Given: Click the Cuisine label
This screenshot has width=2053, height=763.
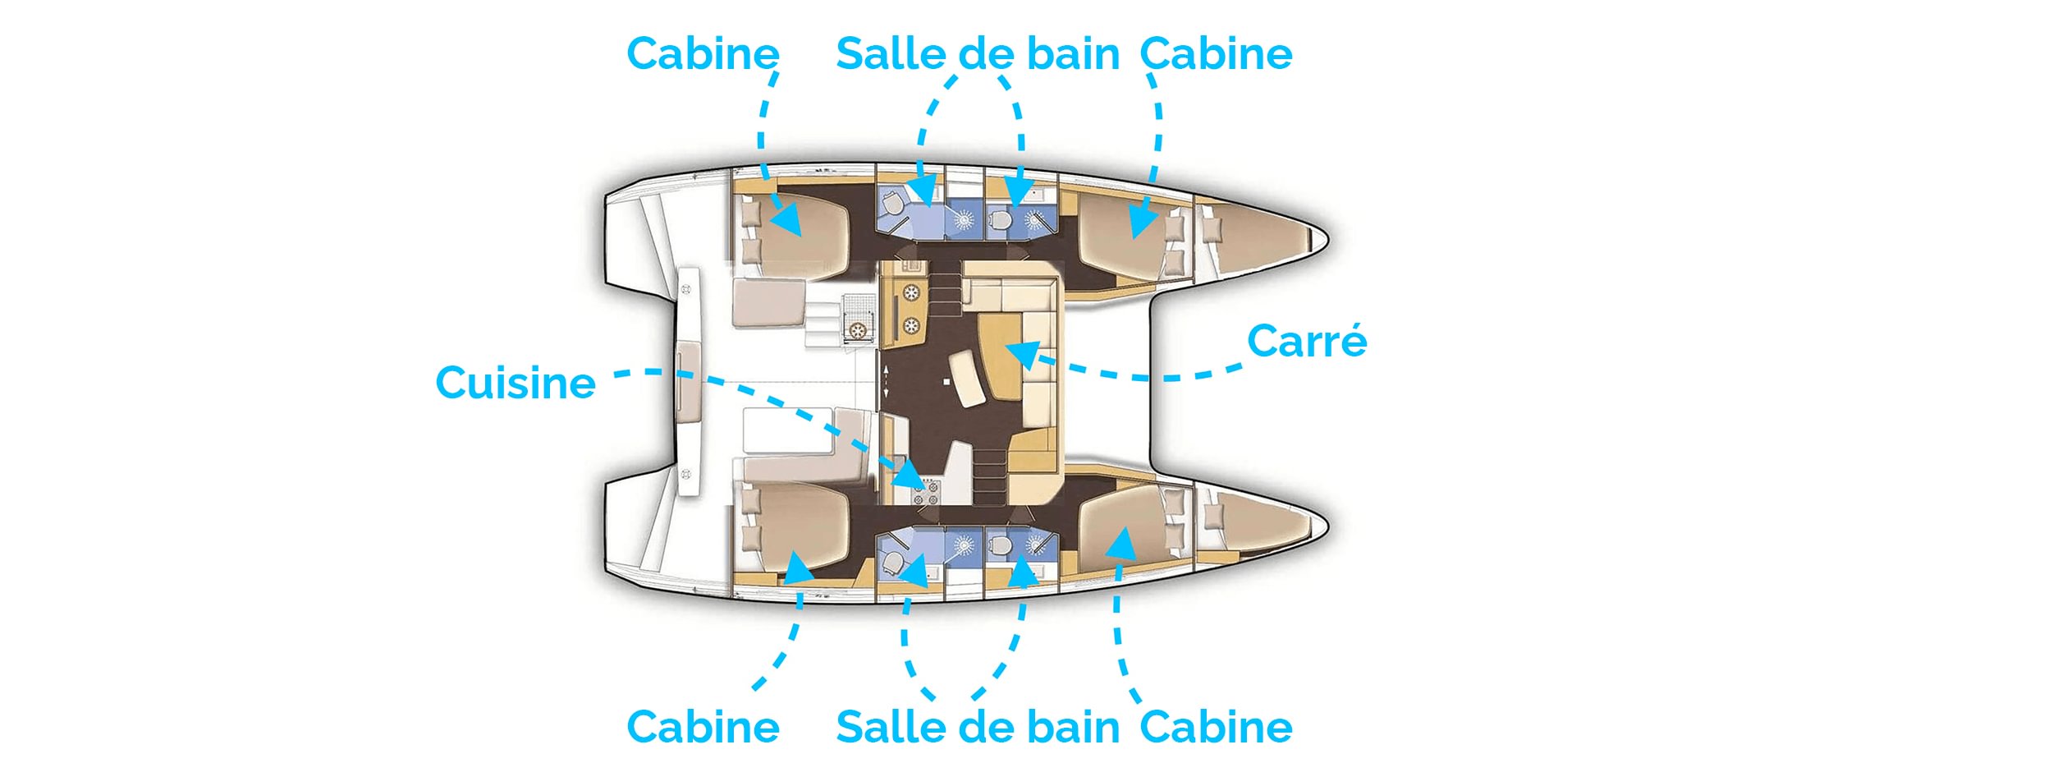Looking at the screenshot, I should tap(515, 383).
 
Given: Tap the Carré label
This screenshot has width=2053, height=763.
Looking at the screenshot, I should tap(1306, 341).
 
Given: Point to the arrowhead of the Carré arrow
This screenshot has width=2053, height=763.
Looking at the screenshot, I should tap(1023, 353).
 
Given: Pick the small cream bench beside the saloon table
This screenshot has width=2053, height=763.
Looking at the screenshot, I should tap(967, 379).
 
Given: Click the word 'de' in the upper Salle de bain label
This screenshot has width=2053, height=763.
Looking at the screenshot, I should tap(981, 54).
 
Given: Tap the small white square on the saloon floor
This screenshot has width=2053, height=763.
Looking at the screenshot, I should tap(946, 382).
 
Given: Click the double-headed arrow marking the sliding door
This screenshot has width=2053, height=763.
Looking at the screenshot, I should tap(886, 383).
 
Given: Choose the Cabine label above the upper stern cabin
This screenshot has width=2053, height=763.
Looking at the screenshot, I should tap(703, 54).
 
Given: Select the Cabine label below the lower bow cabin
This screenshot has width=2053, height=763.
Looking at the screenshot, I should tap(1216, 727).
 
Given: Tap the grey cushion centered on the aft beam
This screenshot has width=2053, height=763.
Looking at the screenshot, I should tap(687, 383).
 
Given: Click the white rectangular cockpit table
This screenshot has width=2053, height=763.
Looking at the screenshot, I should tap(786, 430).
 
